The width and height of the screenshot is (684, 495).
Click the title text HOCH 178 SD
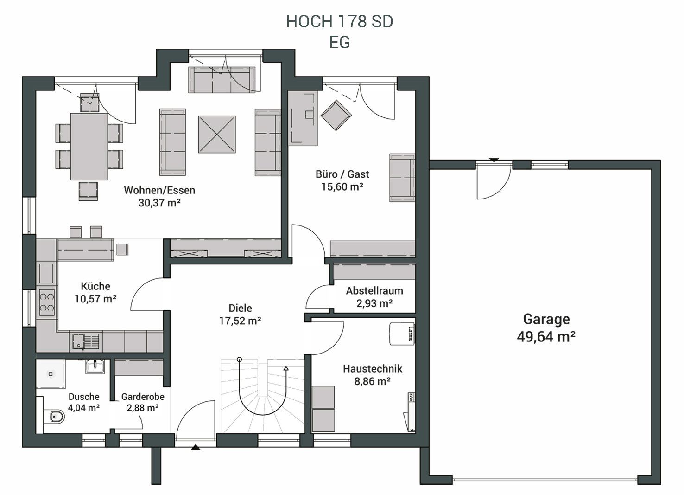[x=339, y=21]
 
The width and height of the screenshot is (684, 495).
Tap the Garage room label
[x=546, y=319]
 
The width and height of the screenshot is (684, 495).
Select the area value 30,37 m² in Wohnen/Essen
[x=159, y=203]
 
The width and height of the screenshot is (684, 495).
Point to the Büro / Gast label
[x=342, y=174]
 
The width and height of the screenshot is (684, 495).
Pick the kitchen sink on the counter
[x=86, y=341]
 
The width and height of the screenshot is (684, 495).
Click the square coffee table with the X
[x=217, y=134]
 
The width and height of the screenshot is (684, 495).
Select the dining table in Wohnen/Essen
[x=89, y=147]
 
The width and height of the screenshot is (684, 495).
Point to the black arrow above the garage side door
[x=494, y=160]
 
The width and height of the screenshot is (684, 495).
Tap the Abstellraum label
[x=374, y=291]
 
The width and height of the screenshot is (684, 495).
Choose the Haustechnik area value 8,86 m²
[x=372, y=381]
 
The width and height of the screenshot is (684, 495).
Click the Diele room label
[x=241, y=308]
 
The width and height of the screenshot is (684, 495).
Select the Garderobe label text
[x=143, y=397]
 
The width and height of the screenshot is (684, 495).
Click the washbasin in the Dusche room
[x=95, y=366]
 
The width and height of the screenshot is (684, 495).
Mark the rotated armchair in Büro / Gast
[x=336, y=115]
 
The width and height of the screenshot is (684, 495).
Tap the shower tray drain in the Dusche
[x=51, y=373]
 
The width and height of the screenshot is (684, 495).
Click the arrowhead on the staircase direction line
[x=286, y=368]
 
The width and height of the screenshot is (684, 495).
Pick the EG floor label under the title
[x=339, y=43]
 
